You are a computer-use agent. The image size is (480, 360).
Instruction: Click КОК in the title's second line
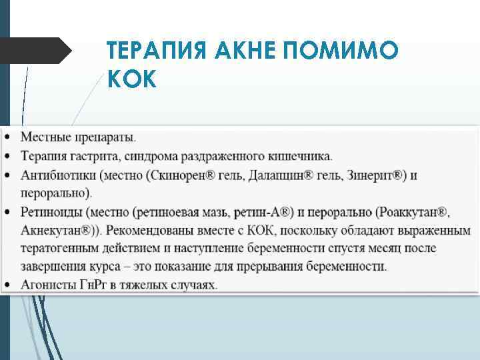(x=131, y=79)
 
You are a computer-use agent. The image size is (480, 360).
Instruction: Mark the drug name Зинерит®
(x=369, y=175)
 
